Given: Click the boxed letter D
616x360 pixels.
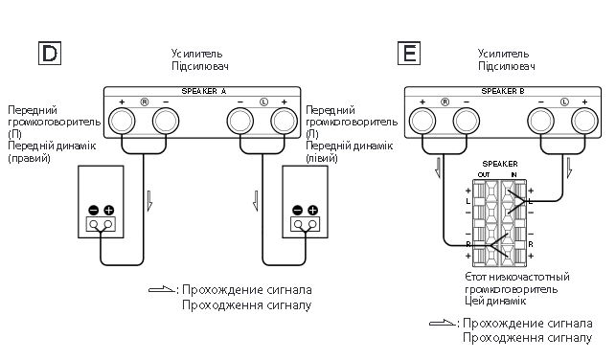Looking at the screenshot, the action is (50, 53).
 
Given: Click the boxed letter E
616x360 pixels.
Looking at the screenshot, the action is (409, 53).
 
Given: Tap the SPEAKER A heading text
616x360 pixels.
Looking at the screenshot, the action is (203, 91).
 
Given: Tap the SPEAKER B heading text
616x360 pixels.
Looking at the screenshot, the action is (503, 91).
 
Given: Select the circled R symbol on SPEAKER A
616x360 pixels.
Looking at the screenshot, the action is (145, 102).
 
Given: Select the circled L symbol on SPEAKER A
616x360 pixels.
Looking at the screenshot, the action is (263, 102).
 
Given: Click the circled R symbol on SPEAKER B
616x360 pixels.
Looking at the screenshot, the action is (445, 102).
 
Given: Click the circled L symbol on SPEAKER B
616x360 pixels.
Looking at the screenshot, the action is (564, 102).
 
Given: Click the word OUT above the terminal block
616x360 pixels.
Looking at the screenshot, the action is (484, 174).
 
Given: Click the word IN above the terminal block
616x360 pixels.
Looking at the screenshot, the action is (513, 174).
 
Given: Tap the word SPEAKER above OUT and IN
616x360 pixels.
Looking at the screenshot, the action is (500, 164).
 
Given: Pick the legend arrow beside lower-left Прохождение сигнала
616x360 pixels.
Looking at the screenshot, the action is (162, 290).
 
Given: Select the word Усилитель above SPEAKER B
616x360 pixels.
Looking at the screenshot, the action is (503, 54).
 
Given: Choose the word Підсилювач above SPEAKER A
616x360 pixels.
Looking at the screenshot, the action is (200, 65).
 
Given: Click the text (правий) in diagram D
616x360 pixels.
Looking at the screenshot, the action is (29, 158).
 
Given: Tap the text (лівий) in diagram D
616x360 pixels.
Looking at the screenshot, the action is (321, 158).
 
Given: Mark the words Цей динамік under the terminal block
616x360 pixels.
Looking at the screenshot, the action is (495, 301).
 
